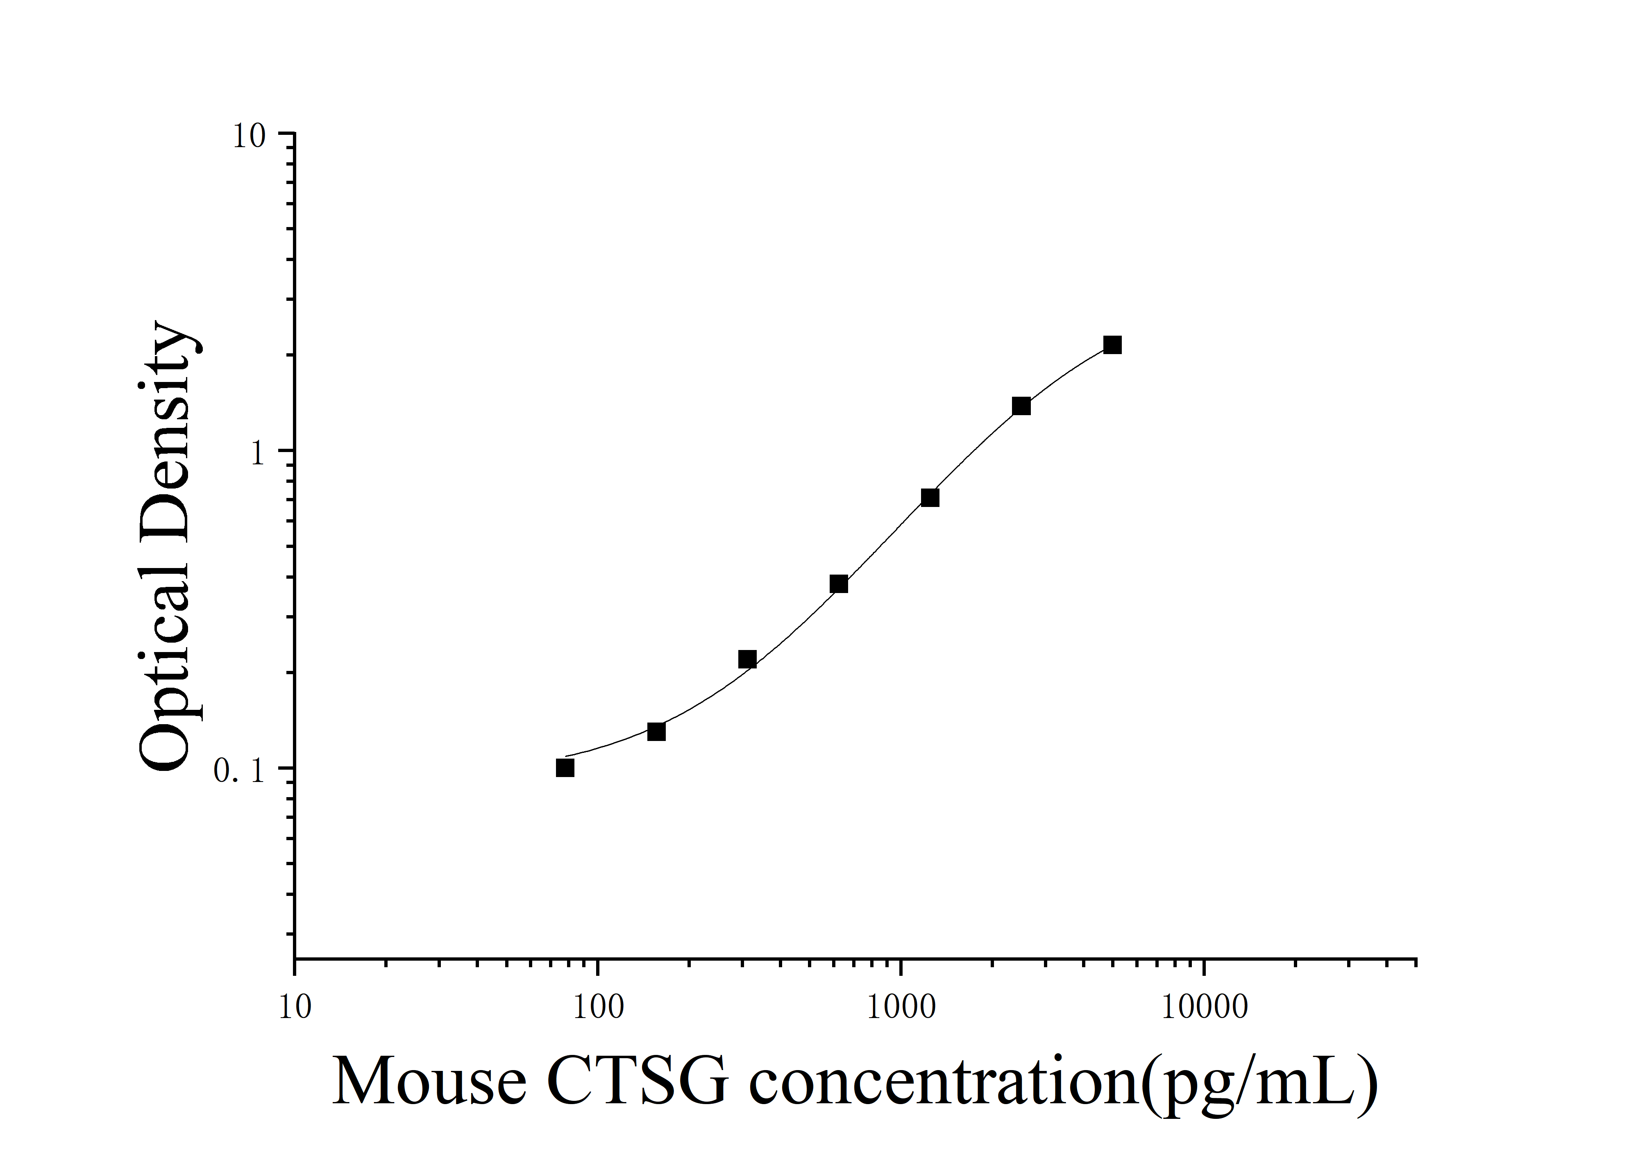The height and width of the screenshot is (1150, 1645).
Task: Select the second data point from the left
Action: pos(656,732)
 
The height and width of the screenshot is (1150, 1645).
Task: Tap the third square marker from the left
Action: pos(747,659)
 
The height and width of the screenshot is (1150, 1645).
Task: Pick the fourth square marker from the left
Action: pos(839,584)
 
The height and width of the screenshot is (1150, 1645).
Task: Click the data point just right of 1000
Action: pos(930,497)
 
